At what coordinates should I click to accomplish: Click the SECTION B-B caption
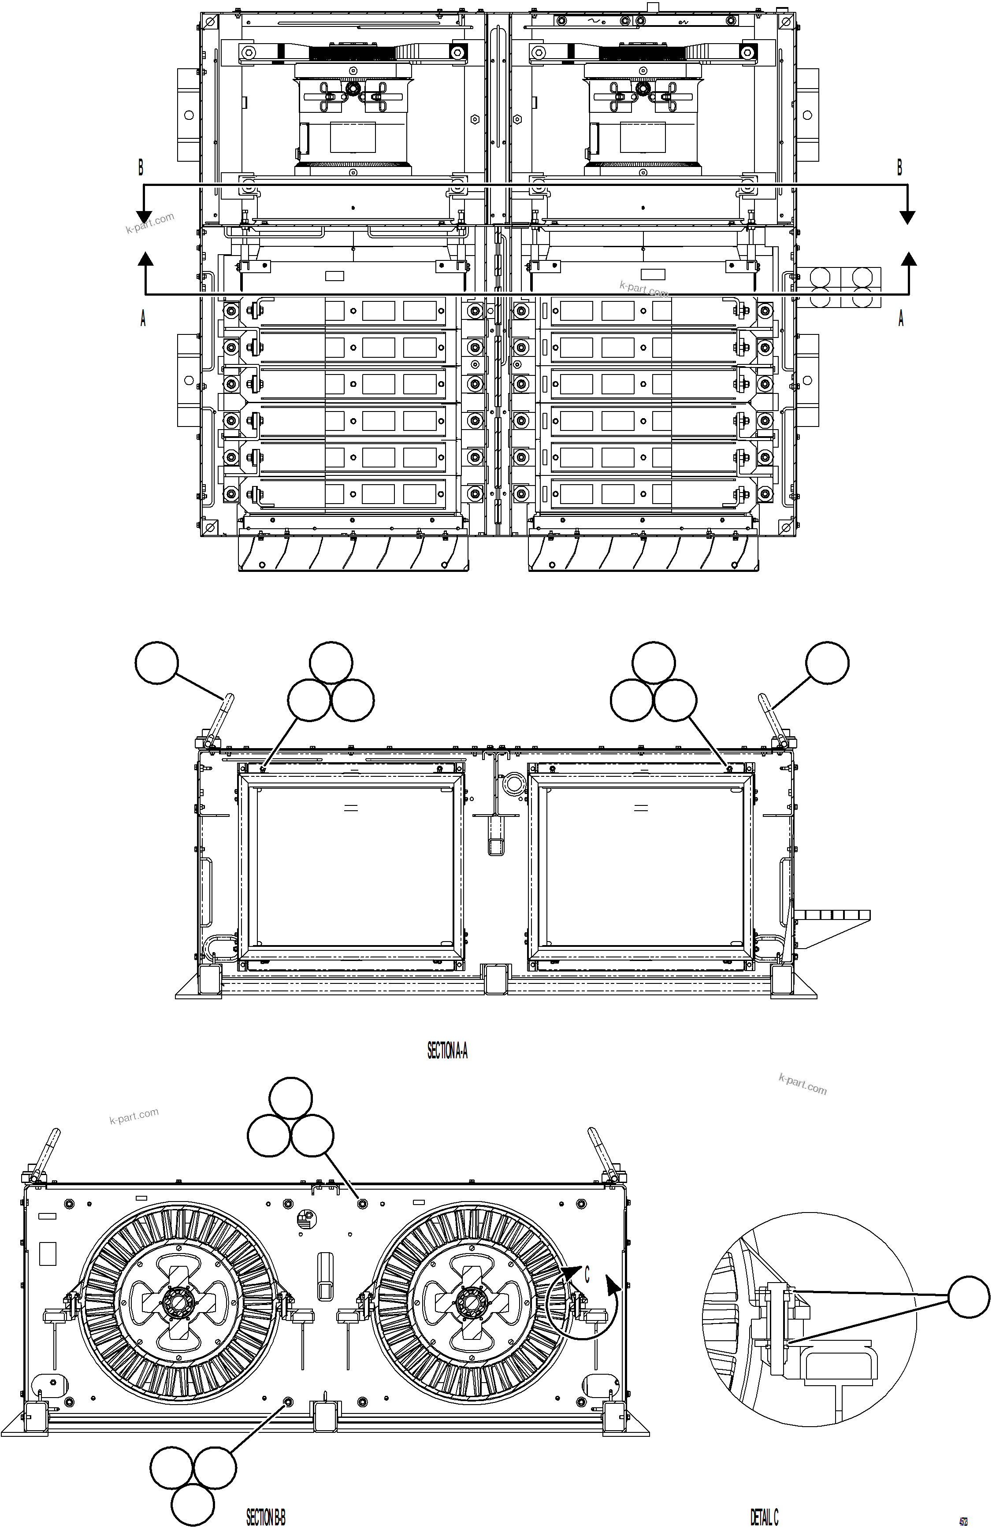(266, 1517)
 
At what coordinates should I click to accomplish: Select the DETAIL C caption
(764, 1517)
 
